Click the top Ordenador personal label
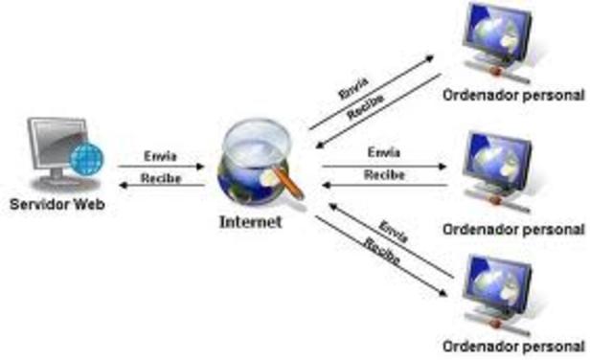[x=513, y=95]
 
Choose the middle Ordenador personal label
[x=513, y=230]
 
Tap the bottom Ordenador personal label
[x=513, y=346]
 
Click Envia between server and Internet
[x=160, y=155]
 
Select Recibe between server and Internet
[x=160, y=178]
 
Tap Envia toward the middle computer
[x=383, y=153]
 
